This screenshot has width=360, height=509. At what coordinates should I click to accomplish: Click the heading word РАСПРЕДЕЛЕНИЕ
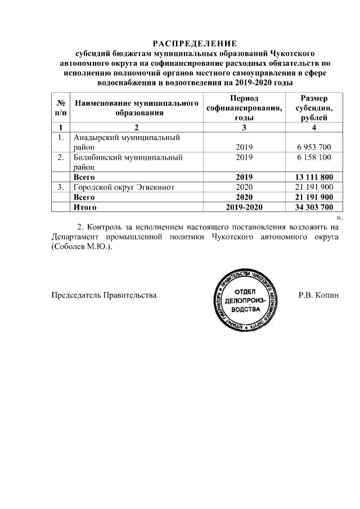pos(195,44)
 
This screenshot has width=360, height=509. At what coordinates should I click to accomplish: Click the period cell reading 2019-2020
pos(245,208)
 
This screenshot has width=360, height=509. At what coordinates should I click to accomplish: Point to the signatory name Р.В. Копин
pos(319,295)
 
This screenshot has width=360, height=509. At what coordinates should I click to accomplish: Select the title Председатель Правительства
pos(104,295)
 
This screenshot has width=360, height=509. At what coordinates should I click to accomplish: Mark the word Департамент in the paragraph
pos(76,237)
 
